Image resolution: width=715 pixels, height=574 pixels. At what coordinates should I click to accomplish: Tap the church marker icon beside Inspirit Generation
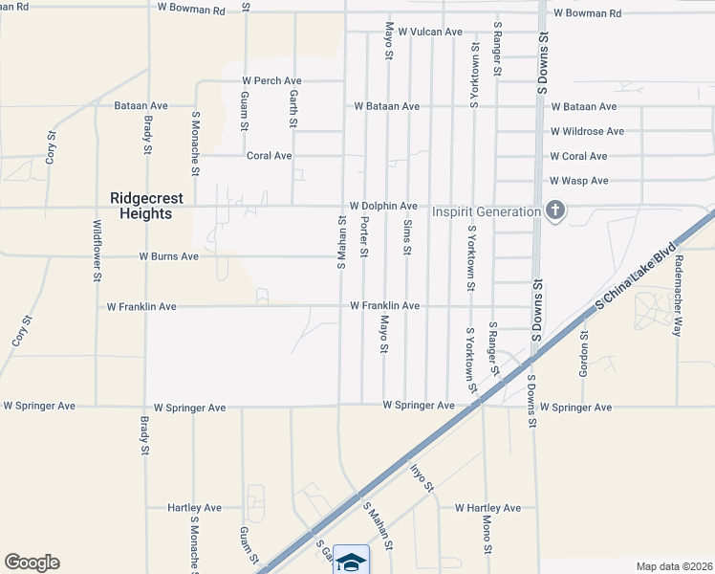(554, 210)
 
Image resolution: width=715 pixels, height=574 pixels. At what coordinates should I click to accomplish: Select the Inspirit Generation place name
(487, 210)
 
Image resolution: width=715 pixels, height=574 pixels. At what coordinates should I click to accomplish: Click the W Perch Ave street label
(271, 81)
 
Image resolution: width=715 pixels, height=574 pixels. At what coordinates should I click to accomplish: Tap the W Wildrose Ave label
(587, 131)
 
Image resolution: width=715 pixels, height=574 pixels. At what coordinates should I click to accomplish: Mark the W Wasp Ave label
(579, 181)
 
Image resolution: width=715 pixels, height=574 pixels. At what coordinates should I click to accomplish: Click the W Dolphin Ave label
(383, 206)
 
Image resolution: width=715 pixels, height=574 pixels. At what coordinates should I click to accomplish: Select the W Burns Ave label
(168, 256)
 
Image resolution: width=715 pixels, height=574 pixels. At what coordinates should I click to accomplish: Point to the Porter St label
(364, 236)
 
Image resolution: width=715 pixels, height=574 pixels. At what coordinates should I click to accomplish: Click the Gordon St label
(583, 355)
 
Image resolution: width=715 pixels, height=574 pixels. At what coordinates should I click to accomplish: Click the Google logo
(32, 563)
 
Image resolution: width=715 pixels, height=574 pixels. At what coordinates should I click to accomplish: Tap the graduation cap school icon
(351, 562)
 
